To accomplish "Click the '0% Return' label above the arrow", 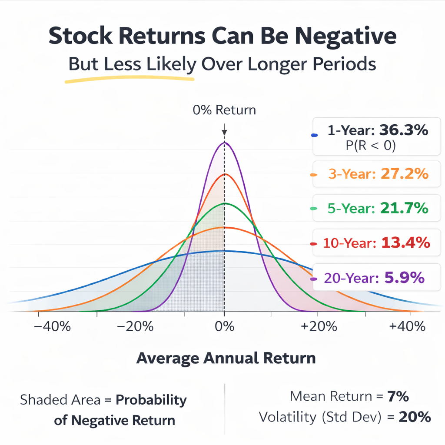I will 224,110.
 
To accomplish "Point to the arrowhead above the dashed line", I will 224,133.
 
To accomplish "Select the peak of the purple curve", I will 224,143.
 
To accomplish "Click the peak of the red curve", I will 224,174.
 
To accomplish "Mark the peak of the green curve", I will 224,203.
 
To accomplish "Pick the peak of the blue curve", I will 224,251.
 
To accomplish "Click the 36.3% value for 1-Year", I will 404,130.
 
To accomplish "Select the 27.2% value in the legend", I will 404,174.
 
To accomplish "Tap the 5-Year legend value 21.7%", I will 404,209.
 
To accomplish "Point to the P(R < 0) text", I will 371,146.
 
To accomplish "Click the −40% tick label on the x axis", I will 52,326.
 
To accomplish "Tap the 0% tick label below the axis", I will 224,326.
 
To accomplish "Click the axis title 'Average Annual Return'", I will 226,359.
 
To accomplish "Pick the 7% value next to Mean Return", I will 399,396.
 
